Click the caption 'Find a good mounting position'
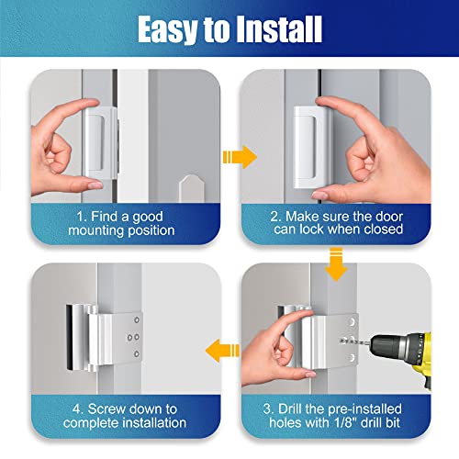click(122, 221)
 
